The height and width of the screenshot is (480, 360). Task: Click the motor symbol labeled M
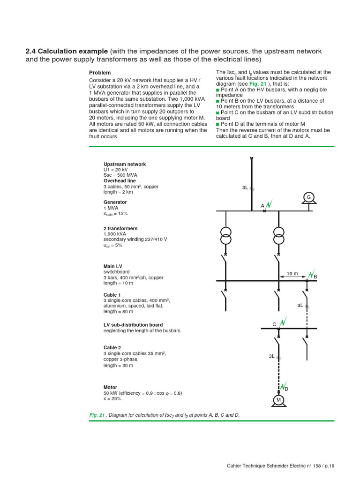(x=278, y=400)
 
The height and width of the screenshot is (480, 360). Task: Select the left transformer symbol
(x=226, y=236)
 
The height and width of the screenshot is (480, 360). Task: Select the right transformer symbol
(x=279, y=236)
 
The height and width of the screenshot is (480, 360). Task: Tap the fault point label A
(x=262, y=206)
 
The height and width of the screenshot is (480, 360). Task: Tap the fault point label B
(x=315, y=277)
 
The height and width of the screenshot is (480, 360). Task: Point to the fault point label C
(x=275, y=324)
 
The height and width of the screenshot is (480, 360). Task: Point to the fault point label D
(x=286, y=390)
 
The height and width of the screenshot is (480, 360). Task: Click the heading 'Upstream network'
(x=125, y=164)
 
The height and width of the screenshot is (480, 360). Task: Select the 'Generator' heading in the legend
(x=115, y=202)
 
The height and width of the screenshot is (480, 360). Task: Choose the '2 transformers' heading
(x=120, y=228)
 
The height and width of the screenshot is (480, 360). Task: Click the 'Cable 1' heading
(x=112, y=295)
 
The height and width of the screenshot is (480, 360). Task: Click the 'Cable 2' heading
(x=112, y=348)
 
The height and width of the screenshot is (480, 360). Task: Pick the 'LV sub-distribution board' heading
(x=133, y=325)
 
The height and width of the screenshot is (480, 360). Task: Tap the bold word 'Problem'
(x=100, y=73)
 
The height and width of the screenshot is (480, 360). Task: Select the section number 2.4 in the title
(x=31, y=51)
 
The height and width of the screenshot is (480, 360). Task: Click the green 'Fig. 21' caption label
(x=97, y=415)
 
